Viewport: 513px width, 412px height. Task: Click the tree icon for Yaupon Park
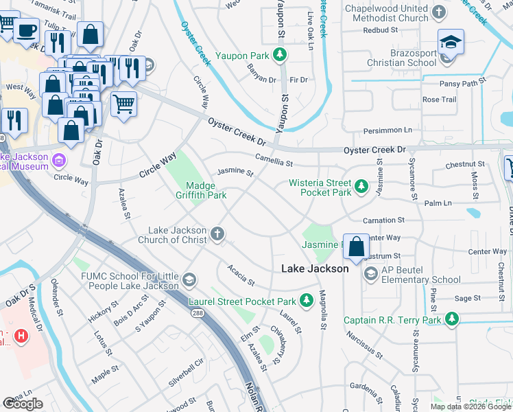point(279,55)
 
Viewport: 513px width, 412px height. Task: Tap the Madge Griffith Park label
point(206,190)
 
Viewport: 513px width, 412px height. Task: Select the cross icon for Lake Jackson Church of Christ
point(217,234)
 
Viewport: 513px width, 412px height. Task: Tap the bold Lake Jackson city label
point(315,269)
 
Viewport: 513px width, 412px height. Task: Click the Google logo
point(23,404)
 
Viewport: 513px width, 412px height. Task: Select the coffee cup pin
point(27,31)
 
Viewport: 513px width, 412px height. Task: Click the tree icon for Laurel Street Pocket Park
point(306,301)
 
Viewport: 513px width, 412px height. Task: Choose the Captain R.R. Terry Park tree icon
point(451,319)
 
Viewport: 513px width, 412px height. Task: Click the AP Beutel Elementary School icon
point(371,275)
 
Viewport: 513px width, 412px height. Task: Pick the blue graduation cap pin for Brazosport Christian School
point(451,43)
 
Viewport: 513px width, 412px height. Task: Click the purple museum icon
point(59,161)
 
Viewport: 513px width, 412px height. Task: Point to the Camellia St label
point(274,161)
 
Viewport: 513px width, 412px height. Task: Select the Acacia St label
point(241,277)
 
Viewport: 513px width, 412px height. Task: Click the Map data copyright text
point(470,407)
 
